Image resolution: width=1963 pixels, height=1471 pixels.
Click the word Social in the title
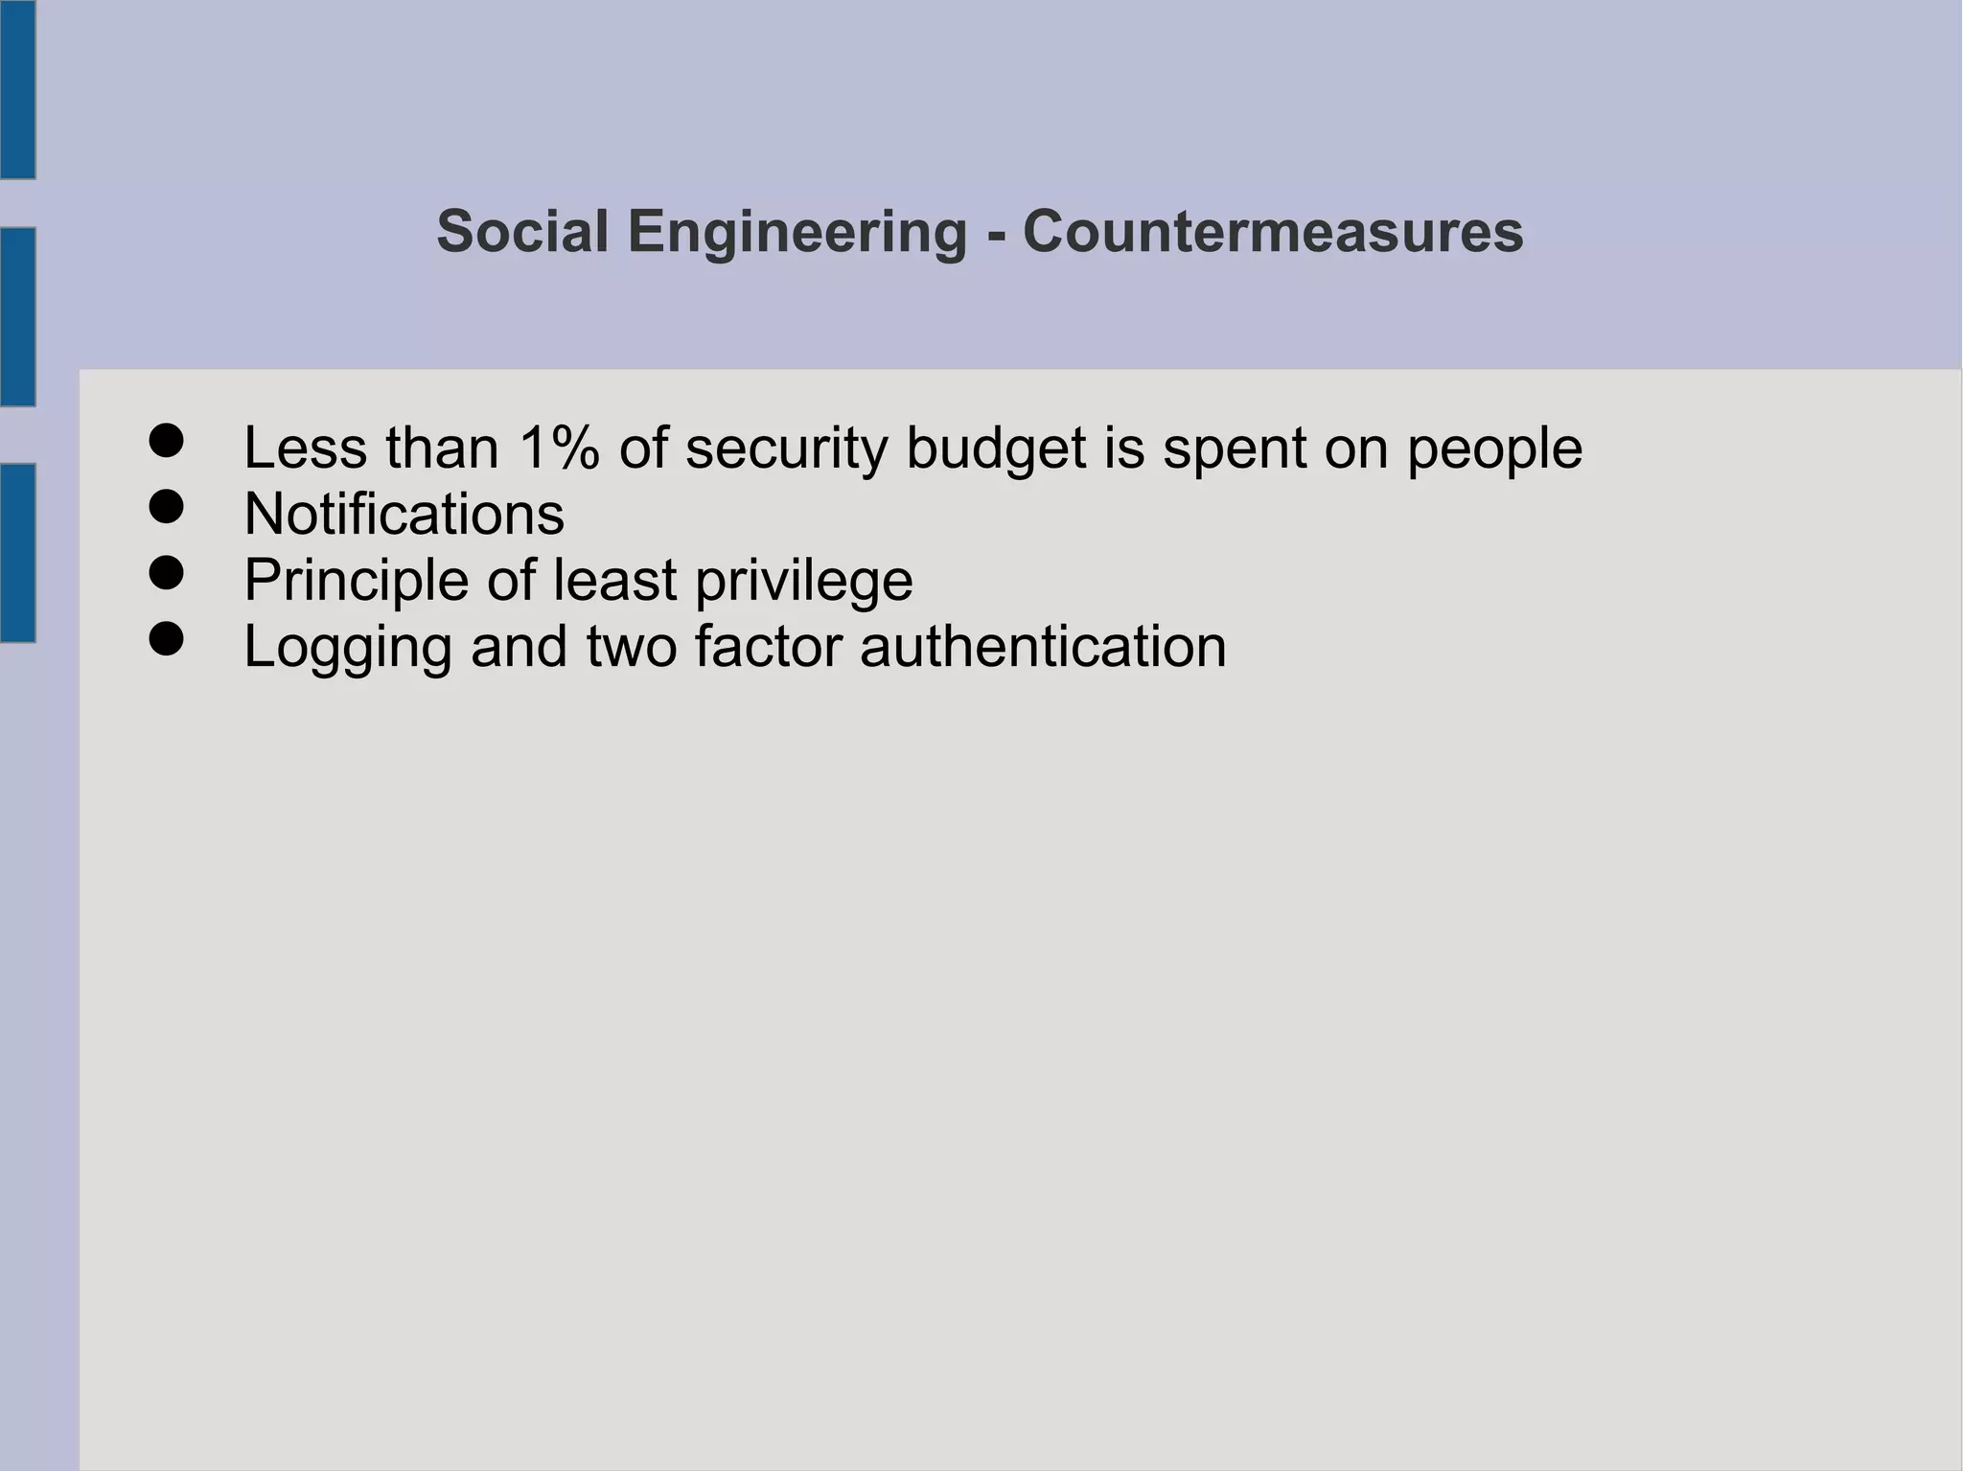coord(522,232)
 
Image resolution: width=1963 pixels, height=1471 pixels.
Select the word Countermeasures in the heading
coord(1273,232)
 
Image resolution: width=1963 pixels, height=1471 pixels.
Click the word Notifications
coord(404,514)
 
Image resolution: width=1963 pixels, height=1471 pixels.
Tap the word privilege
coord(803,580)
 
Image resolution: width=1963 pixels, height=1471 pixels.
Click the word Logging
coord(348,646)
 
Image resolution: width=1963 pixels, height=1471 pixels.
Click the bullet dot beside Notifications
coord(167,507)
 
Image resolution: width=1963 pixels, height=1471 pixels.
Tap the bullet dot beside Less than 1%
coord(167,441)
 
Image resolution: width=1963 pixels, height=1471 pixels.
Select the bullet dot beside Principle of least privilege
coord(167,573)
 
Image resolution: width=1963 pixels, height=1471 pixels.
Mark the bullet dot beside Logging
coord(167,639)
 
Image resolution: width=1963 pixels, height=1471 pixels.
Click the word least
coord(615,580)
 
